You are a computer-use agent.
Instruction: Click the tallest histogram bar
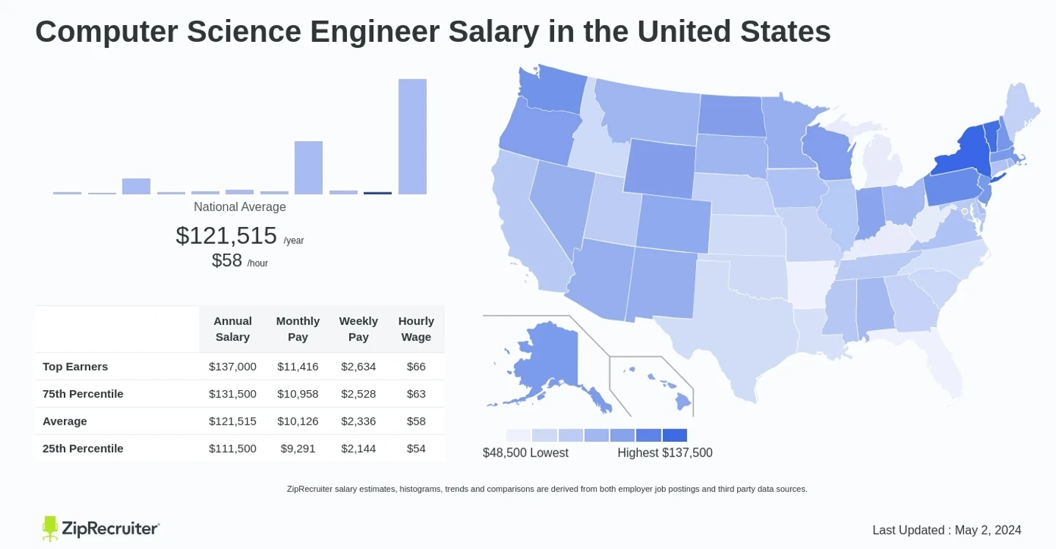(412, 136)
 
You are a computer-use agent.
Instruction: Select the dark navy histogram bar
(378, 193)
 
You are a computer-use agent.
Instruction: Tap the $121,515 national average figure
(226, 235)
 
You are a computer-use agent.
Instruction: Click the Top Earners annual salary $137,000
(232, 366)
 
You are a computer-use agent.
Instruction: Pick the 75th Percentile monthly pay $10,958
(298, 394)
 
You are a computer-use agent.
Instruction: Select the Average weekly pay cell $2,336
(358, 421)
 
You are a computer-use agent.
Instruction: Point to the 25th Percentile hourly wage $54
(416, 448)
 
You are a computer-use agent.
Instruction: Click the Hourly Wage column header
(416, 329)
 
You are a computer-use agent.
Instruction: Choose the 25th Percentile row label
(82, 448)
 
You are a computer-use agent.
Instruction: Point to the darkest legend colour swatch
(675, 435)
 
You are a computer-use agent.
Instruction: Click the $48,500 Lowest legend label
(525, 453)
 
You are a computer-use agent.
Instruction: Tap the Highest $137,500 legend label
(664, 453)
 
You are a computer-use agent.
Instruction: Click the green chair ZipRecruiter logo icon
(50, 528)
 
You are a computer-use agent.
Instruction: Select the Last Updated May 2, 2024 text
(947, 530)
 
